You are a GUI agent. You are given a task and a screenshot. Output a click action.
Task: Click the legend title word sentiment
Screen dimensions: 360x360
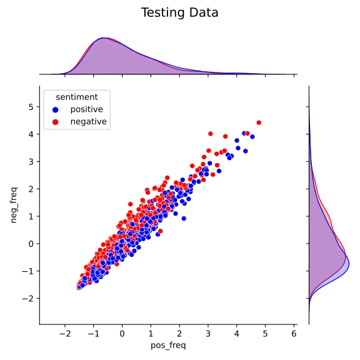click(x=76, y=97)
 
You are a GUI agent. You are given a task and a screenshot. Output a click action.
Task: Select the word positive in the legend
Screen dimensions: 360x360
click(x=87, y=109)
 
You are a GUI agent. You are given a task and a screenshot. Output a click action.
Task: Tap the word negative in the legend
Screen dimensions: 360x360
click(x=88, y=122)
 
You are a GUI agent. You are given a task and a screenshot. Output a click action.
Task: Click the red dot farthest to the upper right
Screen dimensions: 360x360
click(x=259, y=122)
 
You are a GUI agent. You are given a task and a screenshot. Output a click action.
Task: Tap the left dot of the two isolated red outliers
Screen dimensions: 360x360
click(x=211, y=134)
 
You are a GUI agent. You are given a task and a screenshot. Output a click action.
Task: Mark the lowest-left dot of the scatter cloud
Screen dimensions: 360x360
click(x=79, y=286)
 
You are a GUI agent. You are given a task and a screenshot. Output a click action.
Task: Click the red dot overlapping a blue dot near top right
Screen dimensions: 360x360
click(x=247, y=133)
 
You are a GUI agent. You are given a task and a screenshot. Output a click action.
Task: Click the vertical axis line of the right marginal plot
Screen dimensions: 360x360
click(x=307, y=206)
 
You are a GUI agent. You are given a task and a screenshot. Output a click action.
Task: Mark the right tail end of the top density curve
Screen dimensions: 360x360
click(x=281, y=73)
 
